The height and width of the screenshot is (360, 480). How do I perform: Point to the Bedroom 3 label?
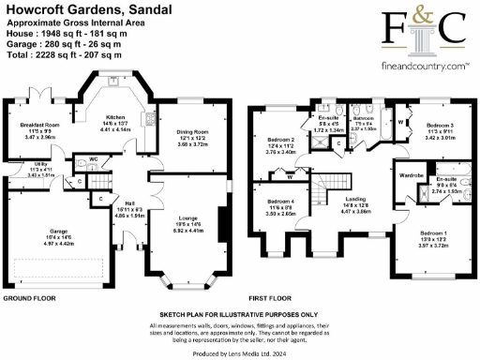[438, 125]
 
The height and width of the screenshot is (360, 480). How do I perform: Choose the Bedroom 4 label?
[279, 203]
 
